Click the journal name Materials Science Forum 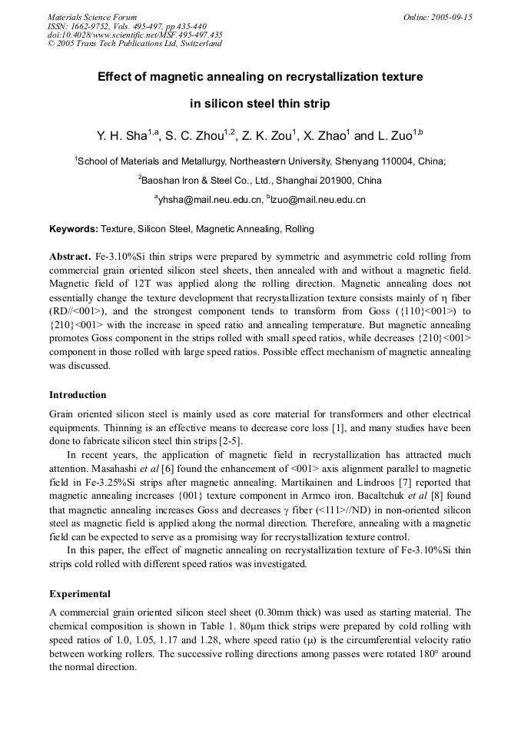(x=92, y=17)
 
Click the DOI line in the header (x=135, y=35)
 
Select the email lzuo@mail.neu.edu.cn (x=318, y=200)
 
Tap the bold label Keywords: (x=74, y=229)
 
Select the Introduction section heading (x=78, y=395)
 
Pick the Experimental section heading (x=80, y=594)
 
